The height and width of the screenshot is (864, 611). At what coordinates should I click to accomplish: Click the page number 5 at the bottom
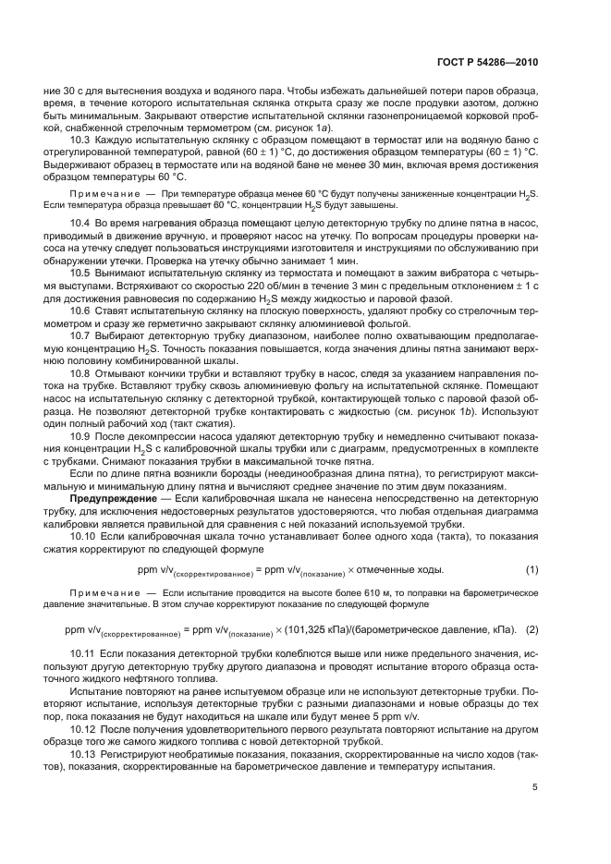pyautogui.click(x=535, y=788)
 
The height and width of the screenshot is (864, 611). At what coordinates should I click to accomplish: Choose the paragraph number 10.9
pyautogui.click(x=80, y=435)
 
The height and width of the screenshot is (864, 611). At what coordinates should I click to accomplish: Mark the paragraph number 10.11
pyautogui.click(x=83, y=654)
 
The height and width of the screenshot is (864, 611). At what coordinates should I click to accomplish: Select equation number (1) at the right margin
pyautogui.click(x=532, y=568)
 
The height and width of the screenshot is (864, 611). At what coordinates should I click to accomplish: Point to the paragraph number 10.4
pyautogui.click(x=80, y=225)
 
